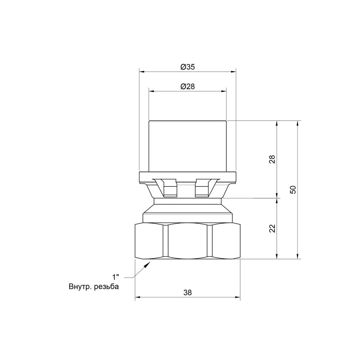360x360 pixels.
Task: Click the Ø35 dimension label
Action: pyautogui.click(x=188, y=67)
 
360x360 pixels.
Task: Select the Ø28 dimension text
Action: pyautogui.click(x=188, y=86)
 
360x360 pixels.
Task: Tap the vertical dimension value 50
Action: pyautogui.click(x=293, y=190)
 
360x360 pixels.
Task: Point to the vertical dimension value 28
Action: pyautogui.click(x=272, y=159)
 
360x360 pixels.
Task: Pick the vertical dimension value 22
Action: pyautogui.click(x=272, y=229)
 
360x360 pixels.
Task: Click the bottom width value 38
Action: pyautogui.click(x=188, y=293)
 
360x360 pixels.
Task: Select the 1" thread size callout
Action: pyautogui.click(x=116, y=277)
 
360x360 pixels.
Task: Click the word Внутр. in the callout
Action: pyautogui.click(x=80, y=287)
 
